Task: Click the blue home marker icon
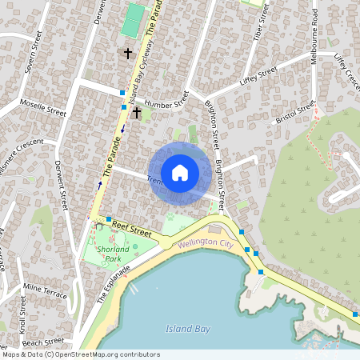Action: click(180, 172)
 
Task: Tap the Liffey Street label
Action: click(258, 74)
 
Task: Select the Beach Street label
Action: click(43, 342)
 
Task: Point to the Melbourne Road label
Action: click(315, 29)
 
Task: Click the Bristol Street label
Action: click(296, 113)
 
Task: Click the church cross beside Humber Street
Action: click(137, 114)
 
